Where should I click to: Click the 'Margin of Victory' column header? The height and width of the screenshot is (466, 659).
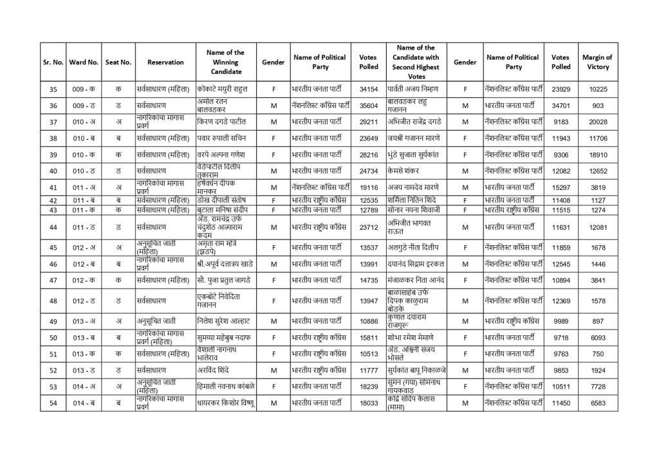pos(598,62)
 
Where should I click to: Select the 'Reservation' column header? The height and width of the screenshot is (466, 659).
pos(165,62)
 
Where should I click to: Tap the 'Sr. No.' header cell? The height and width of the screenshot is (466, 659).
pos(53,62)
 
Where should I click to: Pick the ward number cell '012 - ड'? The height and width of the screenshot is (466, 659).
pos(83,301)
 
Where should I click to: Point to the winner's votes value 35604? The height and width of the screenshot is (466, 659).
pos(368,106)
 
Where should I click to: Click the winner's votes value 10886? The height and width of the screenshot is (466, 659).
pos(368,321)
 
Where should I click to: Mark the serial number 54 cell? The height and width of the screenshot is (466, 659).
pos(53,402)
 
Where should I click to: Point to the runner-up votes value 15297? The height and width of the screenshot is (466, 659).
pos(561,187)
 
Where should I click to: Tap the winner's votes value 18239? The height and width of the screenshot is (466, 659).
pos(368,386)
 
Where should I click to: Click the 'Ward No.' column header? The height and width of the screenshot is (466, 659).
pos(83,62)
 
